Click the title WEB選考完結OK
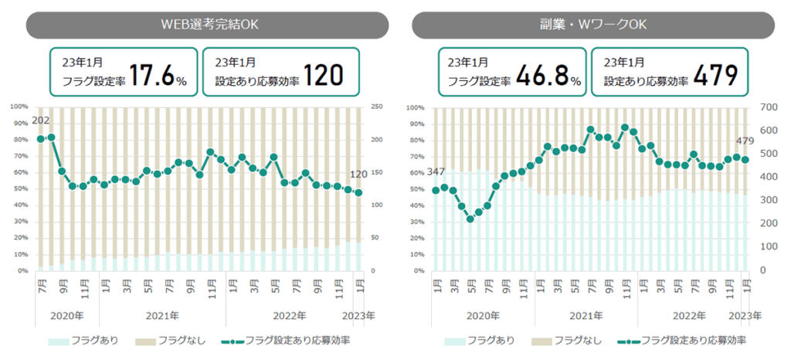point(205,24)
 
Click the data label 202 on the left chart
point(42,121)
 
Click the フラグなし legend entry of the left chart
point(176,340)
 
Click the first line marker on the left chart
point(41,139)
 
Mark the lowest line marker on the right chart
point(470,219)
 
